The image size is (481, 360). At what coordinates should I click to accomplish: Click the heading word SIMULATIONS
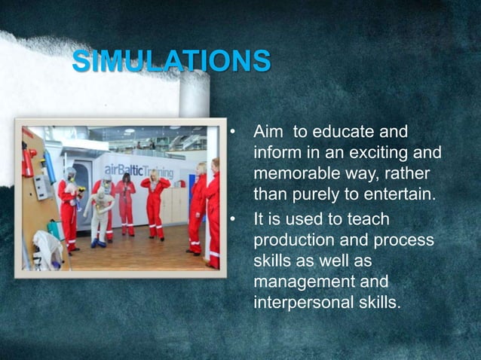click(x=171, y=61)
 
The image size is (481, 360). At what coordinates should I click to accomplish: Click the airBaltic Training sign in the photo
click(x=137, y=170)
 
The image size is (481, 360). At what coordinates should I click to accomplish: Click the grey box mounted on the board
click(x=40, y=186)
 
